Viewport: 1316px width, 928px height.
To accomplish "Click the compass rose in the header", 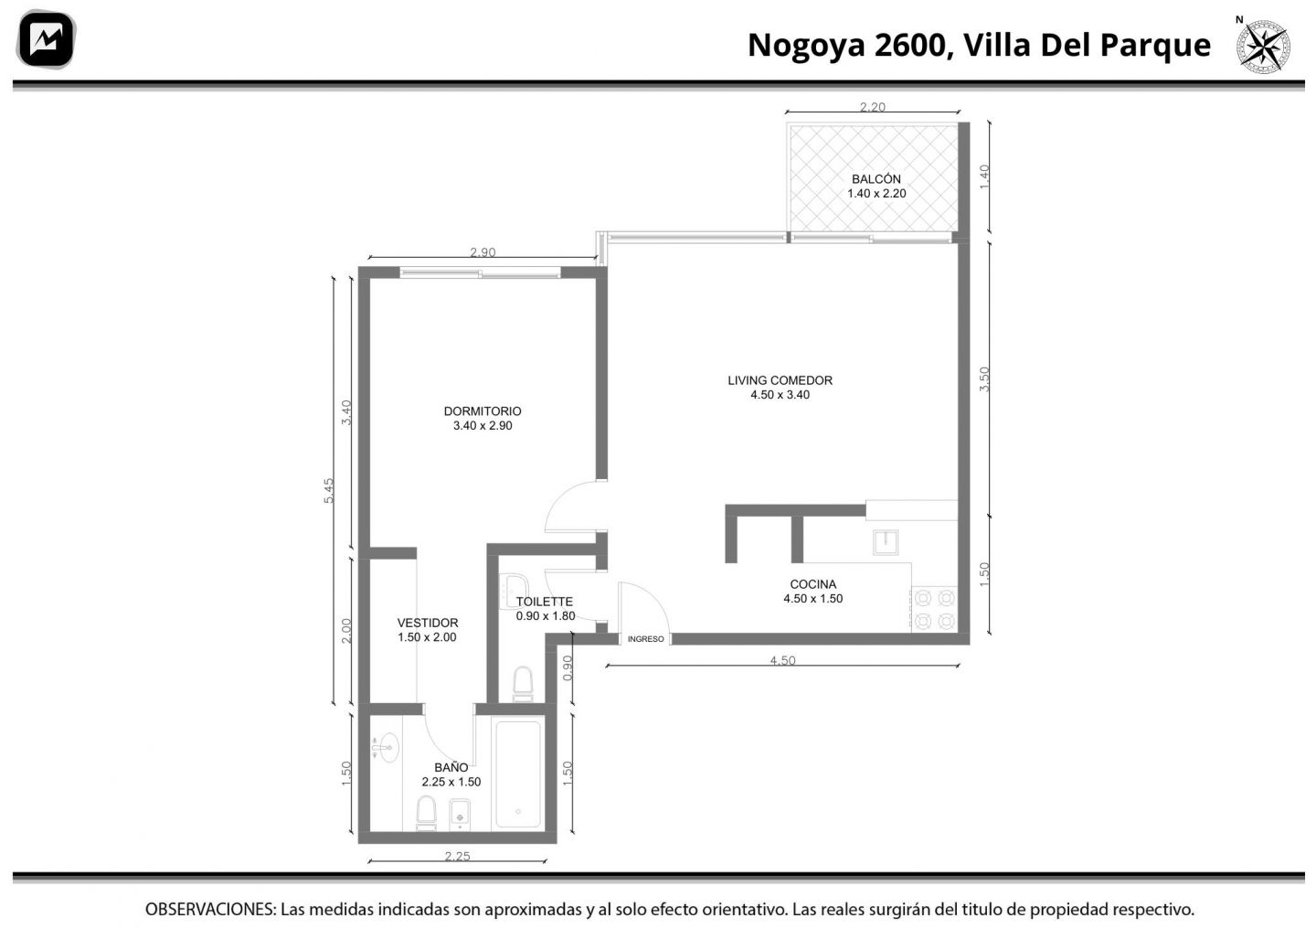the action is [x=1263, y=47].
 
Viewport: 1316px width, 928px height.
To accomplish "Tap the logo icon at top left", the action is [x=46, y=39].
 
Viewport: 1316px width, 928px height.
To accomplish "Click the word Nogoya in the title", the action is [x=806, y=46].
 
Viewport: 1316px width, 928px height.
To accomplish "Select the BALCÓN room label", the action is [x=876, y=178].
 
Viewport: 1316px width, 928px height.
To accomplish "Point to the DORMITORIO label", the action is [x=483, y=411].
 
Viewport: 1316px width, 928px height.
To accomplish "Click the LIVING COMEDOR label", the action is [x=780, y=380].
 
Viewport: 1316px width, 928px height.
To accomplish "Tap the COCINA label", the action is [x=812, y=584].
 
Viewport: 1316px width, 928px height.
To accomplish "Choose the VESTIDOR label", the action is [x=427, y=623].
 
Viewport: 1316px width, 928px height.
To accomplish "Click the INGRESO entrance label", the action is [x=645, y=639].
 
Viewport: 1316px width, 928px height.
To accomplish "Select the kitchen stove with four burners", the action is [x=934, y=610].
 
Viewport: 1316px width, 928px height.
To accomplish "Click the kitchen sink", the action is [x=886, y=542].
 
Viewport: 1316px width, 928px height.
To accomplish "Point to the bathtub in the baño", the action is [x=517, y=773].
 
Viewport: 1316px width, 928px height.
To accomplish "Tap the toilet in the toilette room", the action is [x=523, y=684].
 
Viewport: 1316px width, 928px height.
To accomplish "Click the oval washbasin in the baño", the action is [x=387, y=748].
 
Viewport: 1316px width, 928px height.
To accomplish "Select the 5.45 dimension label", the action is [x=328, y=490].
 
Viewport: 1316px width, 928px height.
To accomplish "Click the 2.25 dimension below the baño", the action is [x=457, y=857].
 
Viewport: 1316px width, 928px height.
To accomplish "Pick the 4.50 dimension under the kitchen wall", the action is [x=782, y=661].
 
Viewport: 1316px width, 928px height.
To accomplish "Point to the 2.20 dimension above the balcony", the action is [x=873, y=107].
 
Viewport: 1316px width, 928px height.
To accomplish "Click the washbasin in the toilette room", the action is [x=515, y=592].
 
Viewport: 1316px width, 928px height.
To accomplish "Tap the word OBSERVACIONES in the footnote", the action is [x=210, y=909].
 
